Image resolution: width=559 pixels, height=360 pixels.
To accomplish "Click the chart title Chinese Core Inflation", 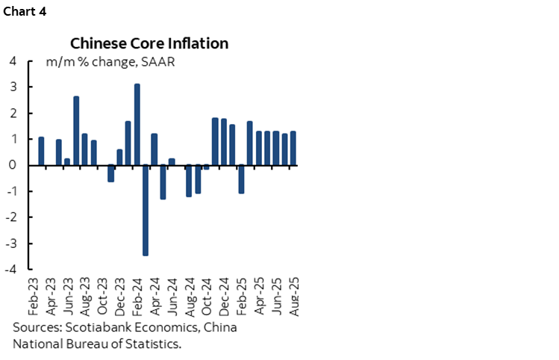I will (x=149, y=43).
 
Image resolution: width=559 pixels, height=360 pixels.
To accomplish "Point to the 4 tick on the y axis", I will (x=13, y=61).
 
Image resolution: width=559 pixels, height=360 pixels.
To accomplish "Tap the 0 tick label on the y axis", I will (x=13, y=165).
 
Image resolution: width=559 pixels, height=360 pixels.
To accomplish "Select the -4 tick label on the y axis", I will (x=11, y=270).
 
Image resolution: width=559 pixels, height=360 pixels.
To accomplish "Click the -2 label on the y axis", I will (x=11, y=217).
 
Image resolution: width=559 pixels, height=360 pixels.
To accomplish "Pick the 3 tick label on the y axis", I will (x=13, y=87).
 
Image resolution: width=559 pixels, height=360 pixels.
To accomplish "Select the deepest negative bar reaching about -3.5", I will (x=146, y=210).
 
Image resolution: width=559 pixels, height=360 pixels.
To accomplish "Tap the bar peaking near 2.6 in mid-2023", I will (x=76, y=131).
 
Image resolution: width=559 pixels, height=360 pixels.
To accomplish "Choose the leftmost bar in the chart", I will (x=41, y=151).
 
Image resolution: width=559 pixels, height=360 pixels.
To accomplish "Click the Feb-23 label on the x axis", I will (x=33, y=294).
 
